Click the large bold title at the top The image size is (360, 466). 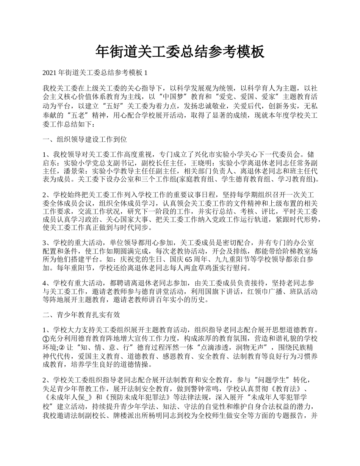click(180, 52)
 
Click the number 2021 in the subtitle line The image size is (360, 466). click(49, 72)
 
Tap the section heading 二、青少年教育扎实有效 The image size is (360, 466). click(81, 314)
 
